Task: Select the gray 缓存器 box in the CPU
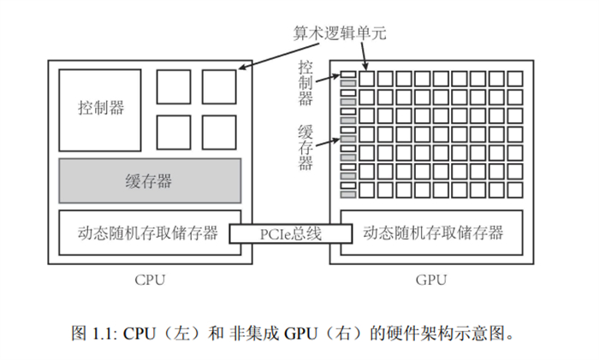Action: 149,181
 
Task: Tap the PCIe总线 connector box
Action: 290,233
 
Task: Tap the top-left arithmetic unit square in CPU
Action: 173,86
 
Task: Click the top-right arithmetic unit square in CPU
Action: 218,86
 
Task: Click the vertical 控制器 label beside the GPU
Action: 305,81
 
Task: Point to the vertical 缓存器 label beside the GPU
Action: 305,147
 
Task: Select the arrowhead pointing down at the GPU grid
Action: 365,68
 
